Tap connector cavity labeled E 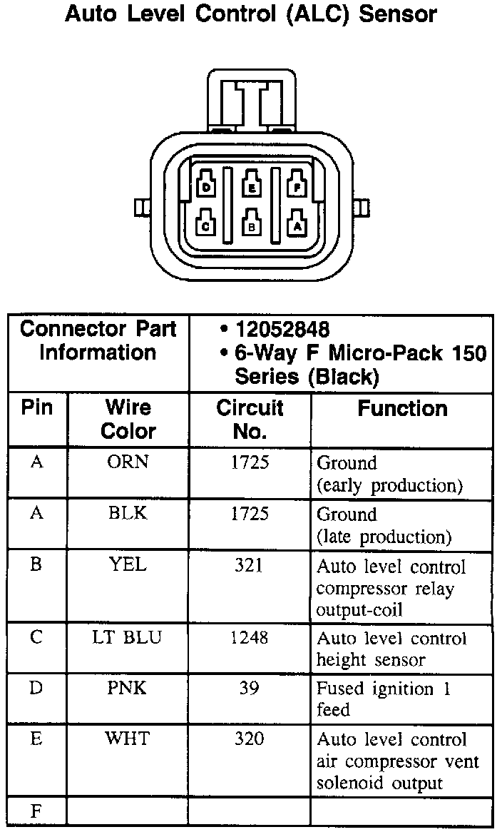[252, 186]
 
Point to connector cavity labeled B [252, 224]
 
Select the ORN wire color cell [128, 462]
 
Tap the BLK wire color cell [128, 514]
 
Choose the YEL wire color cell [128, 565]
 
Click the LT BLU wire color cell [128, 636]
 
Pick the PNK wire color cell [128, 688]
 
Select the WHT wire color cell [128, 739]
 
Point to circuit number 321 [249, 565]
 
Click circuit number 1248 [249, 636]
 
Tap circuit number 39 [249, 688]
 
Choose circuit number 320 [249, 739]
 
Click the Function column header [402, 409]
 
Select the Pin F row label [36, 811]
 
